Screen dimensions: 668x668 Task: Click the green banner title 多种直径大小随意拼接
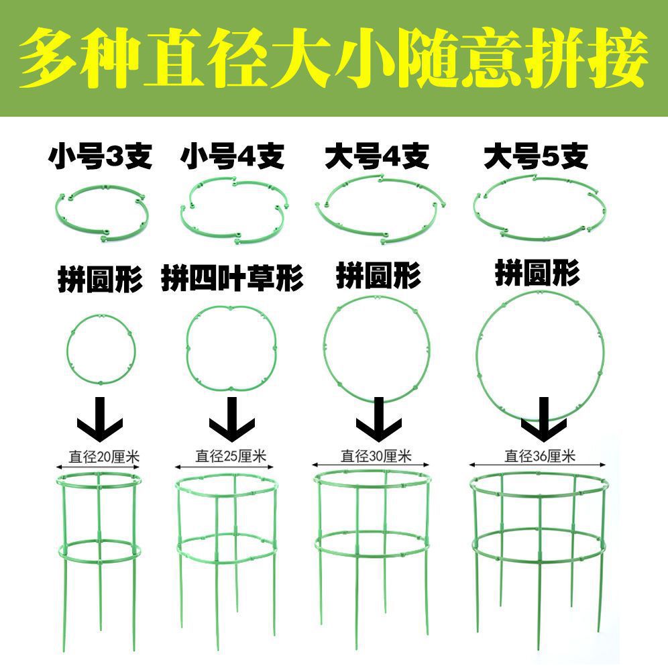[334, 59]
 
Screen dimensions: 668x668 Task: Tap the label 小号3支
[100, 158]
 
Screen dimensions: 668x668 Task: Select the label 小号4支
[232, 158]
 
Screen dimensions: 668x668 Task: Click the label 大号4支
[376, 158]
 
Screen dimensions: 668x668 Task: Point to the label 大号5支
[536, 158]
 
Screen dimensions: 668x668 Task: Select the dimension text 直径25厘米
[231, 457]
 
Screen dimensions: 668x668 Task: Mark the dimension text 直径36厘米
[540, 457]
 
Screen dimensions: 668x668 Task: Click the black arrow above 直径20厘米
[100, 417]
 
